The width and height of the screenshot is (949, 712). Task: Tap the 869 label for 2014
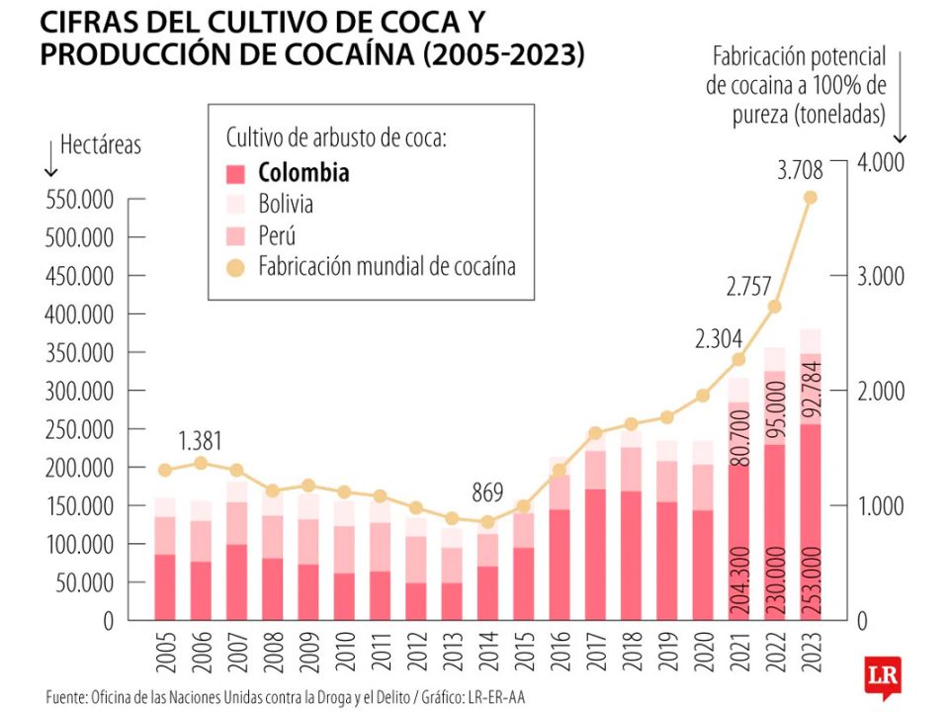pyautogui.click(x=485, y=491)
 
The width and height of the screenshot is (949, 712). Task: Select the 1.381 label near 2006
pyautogui.click(x=201, y=440)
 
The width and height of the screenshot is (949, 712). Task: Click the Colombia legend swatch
pyautogui.click(x=235, y=173)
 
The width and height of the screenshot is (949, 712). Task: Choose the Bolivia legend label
pyautogui.click(x=286, y=205)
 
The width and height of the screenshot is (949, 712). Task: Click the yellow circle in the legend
pyautogui.click(x=235, y=267)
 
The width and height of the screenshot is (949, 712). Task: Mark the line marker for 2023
pyautogui.click(x=810, y=198)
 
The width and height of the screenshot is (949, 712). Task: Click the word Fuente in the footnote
pyautogui.click(x=68, y=696)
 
